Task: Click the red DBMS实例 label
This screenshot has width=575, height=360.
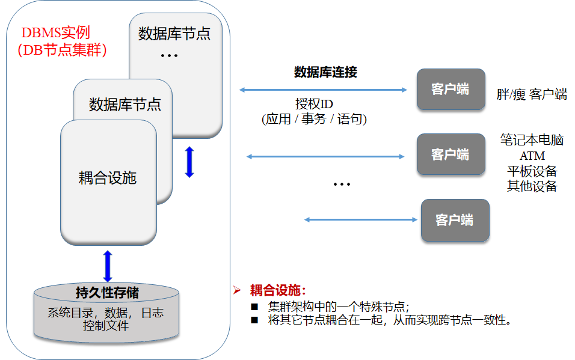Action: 55,32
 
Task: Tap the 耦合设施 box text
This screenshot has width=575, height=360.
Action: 108,178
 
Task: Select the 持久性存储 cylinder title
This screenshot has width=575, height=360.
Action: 107,293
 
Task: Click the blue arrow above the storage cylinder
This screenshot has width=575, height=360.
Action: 108,266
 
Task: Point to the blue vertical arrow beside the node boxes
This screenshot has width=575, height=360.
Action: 189,162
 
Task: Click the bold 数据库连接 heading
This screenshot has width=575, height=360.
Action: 325,73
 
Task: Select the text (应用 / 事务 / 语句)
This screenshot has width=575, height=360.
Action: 314,119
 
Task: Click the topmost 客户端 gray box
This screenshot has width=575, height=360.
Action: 450,90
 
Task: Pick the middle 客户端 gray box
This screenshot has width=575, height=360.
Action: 450,154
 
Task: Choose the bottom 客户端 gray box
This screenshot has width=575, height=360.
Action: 455,220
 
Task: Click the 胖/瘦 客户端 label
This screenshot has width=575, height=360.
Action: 532,94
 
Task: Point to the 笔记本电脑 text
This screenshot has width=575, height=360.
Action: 532,141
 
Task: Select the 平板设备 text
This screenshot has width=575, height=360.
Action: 532,171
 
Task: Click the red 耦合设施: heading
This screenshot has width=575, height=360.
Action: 278,291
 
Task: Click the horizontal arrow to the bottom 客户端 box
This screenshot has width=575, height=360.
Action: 361,220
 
